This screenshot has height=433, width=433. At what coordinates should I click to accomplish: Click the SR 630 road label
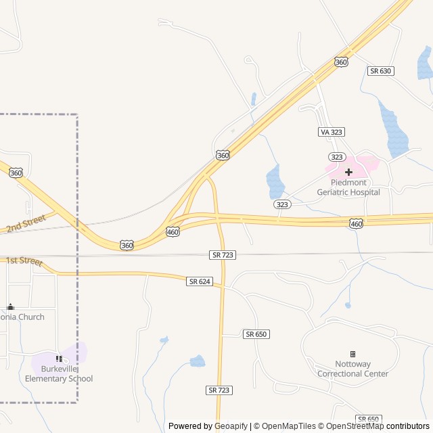[x=381, y=71]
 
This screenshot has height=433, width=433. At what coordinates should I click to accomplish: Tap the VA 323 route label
[x=331, y=132]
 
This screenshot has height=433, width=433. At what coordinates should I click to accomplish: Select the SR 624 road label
[x=199, y=281]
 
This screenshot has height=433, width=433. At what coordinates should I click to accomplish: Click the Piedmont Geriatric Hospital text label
[x=348, y=187]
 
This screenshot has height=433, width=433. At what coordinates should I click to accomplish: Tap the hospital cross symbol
[x=348, y=172]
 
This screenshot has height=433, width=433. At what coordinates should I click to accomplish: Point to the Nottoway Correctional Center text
[x=352, y=369]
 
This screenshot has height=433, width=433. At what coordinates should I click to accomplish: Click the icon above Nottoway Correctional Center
[x=352, y=354]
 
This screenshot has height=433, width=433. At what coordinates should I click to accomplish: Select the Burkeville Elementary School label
[x=59, y=374]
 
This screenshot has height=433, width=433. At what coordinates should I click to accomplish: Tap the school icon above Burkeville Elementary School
[x=59, y=359]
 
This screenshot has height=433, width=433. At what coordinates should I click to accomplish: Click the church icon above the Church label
[x=10, y=307]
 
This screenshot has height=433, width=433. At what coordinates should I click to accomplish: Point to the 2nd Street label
[x=26, y=223]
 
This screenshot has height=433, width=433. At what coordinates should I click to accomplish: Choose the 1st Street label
[x=24, y=261]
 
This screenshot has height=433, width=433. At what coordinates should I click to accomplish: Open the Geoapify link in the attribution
[x=231, y=426]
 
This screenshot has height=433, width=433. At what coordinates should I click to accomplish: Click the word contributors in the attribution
[x=408, y=426]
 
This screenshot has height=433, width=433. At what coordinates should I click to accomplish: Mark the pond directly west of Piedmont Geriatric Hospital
[x=275, y=181]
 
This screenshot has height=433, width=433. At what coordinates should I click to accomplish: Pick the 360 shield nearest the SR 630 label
[x=341, y=62]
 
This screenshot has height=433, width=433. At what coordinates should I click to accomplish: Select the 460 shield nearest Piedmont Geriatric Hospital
[x=357, y=223]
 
